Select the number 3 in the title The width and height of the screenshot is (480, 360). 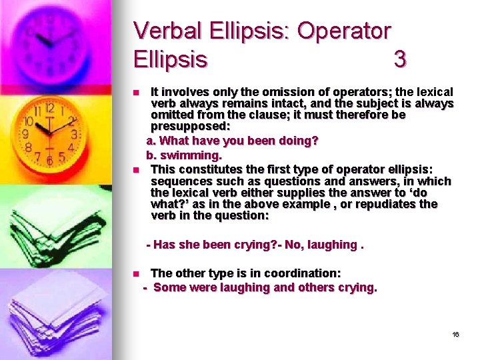(399, 60)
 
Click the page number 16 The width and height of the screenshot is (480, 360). (455, 334)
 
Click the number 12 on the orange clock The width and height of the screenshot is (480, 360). (49, 107)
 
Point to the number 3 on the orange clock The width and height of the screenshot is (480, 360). (74, 133)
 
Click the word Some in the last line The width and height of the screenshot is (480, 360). (169, 287)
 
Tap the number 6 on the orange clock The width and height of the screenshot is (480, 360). (49, 160)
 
